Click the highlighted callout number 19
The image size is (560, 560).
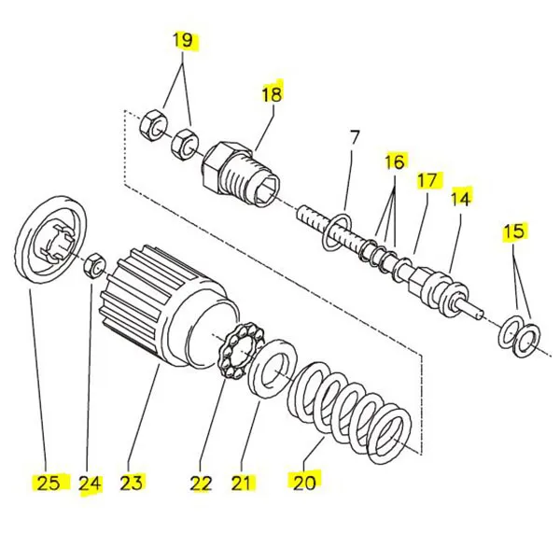click(x=184, y=40)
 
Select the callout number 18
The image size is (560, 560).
click(x=271, y=93)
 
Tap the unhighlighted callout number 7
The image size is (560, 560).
click(x=354, y=138)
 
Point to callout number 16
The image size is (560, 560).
click(x=395, y=161)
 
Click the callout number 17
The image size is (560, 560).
click(x=427, y=179)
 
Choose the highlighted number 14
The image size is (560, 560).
click(x=461, y=198)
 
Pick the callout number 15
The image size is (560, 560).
click(x=515, y=231)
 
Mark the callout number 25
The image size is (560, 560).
click(x=48, y=482)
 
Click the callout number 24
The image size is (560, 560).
click(x=90, y=483)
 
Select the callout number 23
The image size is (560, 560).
click(x=132, y=482)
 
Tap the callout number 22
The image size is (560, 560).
click(x=201, y=483)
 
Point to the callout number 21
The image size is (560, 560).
click(x=242, y=483)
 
